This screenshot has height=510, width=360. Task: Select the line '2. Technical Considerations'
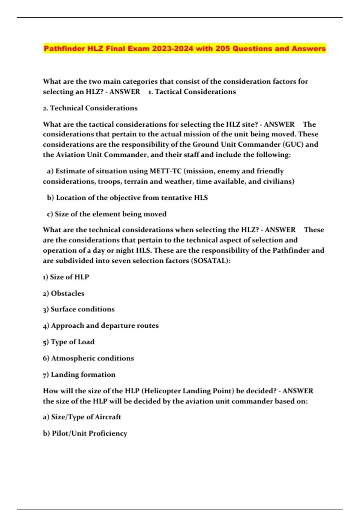90,108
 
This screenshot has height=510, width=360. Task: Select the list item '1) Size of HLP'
66,277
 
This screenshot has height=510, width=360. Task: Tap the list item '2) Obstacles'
64,293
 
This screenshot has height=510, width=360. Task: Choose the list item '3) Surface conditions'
79,309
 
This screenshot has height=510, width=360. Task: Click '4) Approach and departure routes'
101,325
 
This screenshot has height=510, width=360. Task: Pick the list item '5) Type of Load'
68,342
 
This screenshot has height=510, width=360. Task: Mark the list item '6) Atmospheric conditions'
88,358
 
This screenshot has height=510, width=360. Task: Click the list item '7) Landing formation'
79,375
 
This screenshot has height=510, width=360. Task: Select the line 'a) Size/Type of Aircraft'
82,417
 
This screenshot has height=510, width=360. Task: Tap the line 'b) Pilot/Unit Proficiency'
85,433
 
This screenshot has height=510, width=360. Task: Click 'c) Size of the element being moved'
106,214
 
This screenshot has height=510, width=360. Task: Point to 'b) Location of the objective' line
127,198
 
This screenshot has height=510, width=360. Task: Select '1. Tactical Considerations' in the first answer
192,92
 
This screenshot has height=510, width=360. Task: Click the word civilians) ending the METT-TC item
279,181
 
